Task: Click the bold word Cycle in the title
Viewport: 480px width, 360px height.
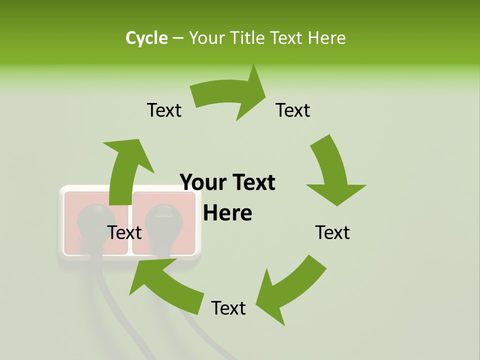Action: [146, 38]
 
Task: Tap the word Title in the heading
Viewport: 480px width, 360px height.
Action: [247, 38]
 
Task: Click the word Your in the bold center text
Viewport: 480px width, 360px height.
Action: [201, 183]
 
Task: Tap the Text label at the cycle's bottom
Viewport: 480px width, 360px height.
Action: [228, 308]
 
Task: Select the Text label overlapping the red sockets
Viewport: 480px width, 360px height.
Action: [124, 232]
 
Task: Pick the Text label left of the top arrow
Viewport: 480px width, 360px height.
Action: [164, 110]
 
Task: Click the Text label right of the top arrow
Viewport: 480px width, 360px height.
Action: [293, 110]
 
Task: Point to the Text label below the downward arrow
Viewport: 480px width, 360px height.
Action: [332, 232]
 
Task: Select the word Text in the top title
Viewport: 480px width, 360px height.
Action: [287, 38]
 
